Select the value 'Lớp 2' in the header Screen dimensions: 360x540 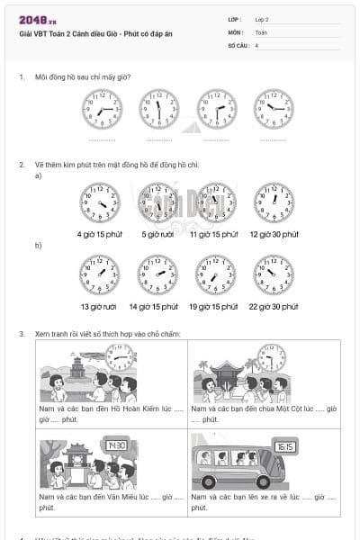[x=262, y=19]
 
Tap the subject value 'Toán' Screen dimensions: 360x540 [x=261, y=31]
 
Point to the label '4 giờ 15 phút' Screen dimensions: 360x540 [x=100, y=234]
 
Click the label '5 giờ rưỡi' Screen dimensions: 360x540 [x=158, y=234]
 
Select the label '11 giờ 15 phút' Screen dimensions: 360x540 [x=214, y=234]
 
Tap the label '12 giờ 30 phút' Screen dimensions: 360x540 [x=274, y=234]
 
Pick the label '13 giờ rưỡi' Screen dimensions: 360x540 [x=99, y=306]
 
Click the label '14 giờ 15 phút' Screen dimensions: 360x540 [x=157, y=306]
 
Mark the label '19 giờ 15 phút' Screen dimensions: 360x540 [x=214, y=306]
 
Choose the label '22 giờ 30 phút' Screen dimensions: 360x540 [x=274, y=306]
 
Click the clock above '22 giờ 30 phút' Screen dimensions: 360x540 [x=274, y=274]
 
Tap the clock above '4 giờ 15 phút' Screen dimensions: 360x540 [x=100, y=202]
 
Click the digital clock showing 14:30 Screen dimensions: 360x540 [x=116, y=445]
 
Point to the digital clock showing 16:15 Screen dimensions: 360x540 [x=285, y=445]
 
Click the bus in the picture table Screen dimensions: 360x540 [x=239, y=464]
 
